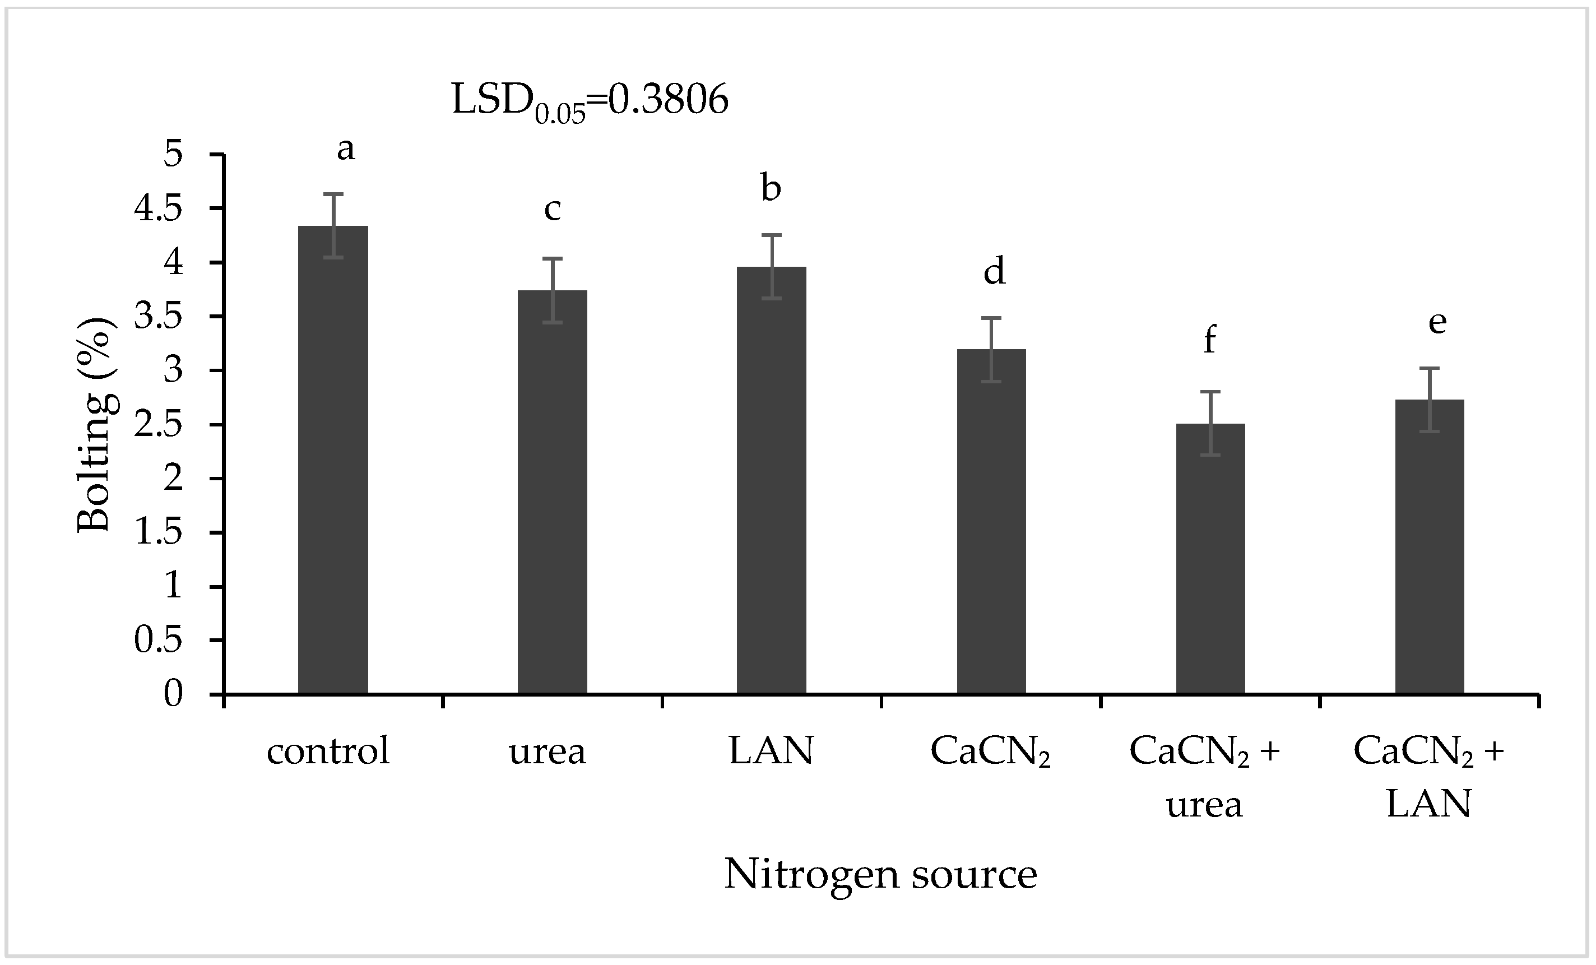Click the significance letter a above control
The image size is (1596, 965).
(x=346, y=150)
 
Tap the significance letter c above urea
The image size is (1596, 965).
(x=552, y=209)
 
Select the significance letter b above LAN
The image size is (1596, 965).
(x=771, y=188)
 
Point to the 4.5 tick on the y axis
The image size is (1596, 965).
(x=157, y=209)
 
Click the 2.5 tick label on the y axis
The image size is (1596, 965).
(x=157, y=425)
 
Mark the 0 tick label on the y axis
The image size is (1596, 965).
(x=173, y=694)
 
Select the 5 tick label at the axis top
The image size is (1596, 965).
(x=173, y=155)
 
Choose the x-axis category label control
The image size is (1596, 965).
(x=328, y=751)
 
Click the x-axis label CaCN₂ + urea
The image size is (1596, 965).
(x=1205, y=777)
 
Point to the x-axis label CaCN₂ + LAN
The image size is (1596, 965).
(x=1428, y=777)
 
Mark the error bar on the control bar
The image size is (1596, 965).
(x=333, y=225)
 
